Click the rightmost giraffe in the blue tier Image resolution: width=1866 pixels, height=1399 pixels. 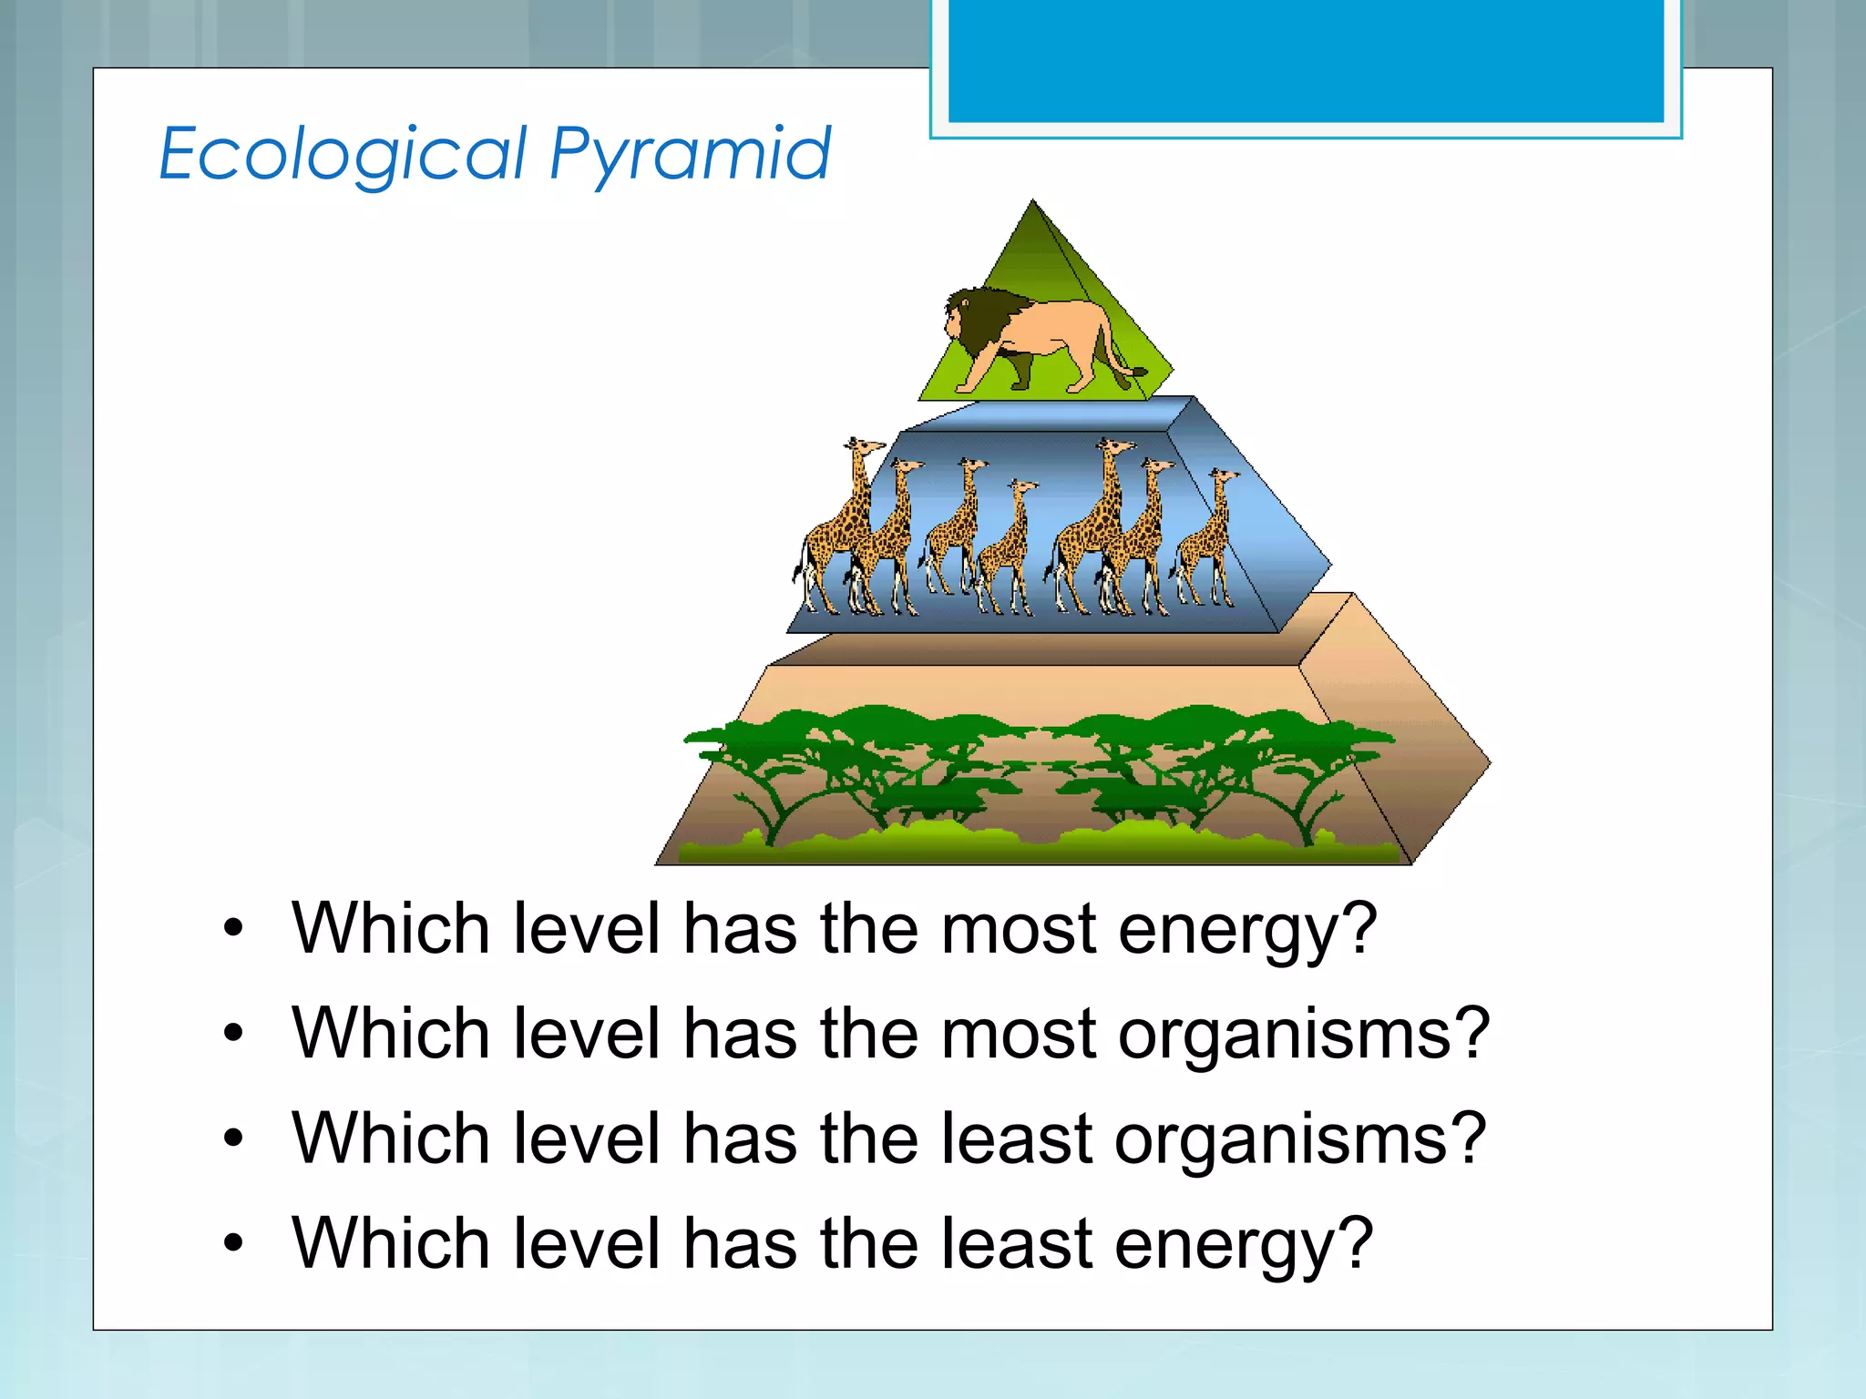click(x=1207, y=542)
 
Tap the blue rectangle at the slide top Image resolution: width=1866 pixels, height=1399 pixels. click(x=1305, y=59)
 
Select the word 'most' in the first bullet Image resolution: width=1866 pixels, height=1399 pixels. click(x=1019, y=929)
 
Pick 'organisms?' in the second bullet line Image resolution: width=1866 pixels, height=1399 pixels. click(x=1303, y=1036)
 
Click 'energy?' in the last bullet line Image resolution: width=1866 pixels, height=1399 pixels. click(x=1244, y=1245)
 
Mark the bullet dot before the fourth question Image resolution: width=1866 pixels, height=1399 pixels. click(x=234, y=1242)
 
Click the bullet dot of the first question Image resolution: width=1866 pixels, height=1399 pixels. click(x=234, y=928)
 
